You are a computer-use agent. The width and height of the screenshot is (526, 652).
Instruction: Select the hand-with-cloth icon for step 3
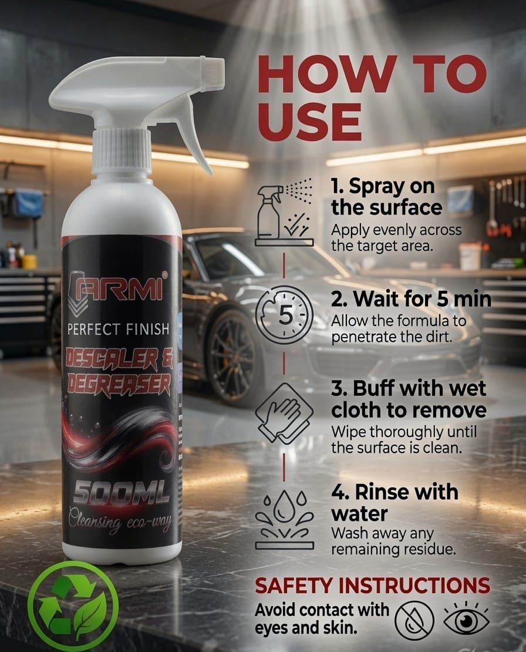click(x=284, y=412)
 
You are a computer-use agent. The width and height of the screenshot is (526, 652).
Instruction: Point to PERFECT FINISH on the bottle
click(x=119, y=330)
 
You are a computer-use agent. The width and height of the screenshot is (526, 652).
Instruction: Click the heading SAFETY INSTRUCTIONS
click(x=372, y=586)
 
